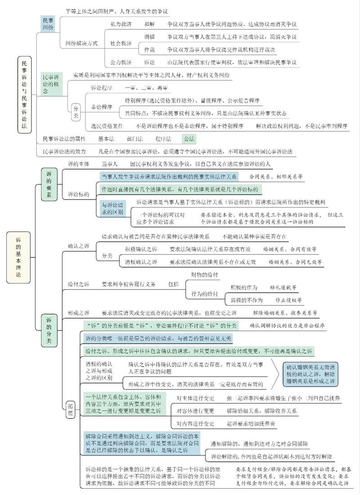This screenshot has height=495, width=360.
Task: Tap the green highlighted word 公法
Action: tap(189, 139)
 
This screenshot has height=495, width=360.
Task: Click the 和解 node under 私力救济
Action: tap(149, 23)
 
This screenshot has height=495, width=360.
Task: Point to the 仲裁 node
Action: tap(149, 49)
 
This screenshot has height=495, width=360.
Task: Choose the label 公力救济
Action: tap(121, 62)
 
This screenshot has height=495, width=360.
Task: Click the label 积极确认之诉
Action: tap(141, 249)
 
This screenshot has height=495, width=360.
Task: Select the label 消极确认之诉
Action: tap(141, 262)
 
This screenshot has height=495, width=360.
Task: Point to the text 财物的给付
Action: tap(205, 274)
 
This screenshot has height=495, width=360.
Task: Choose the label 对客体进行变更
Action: tap(195, 411)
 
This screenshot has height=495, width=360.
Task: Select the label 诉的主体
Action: tap(79, 164)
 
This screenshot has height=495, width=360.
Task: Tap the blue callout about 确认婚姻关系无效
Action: tap(310, 373)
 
